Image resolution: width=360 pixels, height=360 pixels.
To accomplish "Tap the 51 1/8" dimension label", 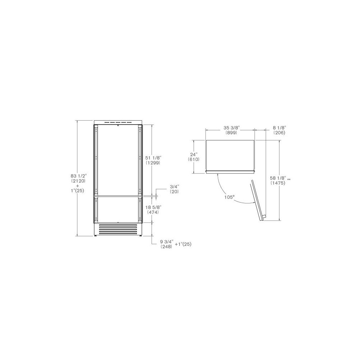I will click(x=153, y=158).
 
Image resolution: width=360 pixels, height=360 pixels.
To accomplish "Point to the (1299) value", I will click(x=153, y=163).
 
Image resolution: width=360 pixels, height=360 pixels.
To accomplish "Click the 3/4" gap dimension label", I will click(x=174, y=186).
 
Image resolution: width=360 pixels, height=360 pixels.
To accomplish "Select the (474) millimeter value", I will click(x=153, y=212).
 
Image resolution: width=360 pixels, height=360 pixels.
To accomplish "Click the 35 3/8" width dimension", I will click(x=231, y=128).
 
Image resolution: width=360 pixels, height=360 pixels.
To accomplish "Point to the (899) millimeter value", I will click(x=231, y=133).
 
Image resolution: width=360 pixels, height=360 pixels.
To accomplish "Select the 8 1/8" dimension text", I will click(x=279, y=128).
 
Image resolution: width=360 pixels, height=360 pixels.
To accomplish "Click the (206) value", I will click(x=279, y=133).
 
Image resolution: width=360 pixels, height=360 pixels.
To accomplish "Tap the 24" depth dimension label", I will click(x=194, y=154).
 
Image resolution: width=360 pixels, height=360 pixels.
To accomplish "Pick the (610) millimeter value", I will click(x=194, y=159).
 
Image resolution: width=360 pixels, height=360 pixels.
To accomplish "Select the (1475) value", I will click(x=278, y=183).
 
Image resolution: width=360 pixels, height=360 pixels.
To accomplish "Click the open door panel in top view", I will click(x=258, y=200).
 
